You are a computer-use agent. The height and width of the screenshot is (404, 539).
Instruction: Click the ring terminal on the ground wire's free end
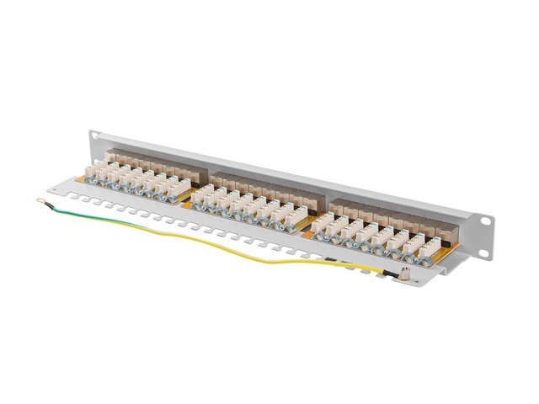[x=39, y=200]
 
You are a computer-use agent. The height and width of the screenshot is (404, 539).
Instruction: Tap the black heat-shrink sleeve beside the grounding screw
[x=387, y=271]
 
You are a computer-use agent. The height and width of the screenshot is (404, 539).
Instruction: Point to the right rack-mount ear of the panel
[x=486, y=212]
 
